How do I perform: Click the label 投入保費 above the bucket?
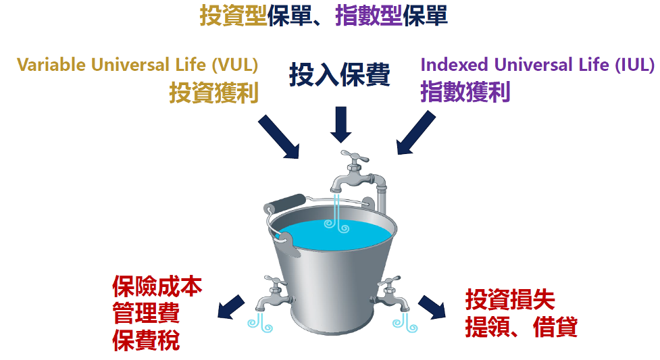pyautogui.click(x=339, y=76)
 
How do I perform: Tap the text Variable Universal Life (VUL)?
pyautogui.click(x=138, y=65)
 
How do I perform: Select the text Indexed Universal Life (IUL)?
pyautogui.click(x=537, y=65)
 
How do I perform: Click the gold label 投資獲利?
pyautogui.click(x=213, y=93)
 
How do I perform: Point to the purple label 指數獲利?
pyautogui.click(x=465, y=92)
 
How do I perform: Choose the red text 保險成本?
pyautogui.click(x=157, y=288)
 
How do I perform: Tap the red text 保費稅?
pyautogui.click(x=145, y=340)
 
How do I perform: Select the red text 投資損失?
pyautogui.click(x=510, y=299)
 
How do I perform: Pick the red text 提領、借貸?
pyautogui.click(x=521, y=327)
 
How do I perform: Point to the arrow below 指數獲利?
pyautogui.click(x=415, y=133)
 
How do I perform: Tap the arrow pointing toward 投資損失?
pyautogui.click(x=432, y=307)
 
